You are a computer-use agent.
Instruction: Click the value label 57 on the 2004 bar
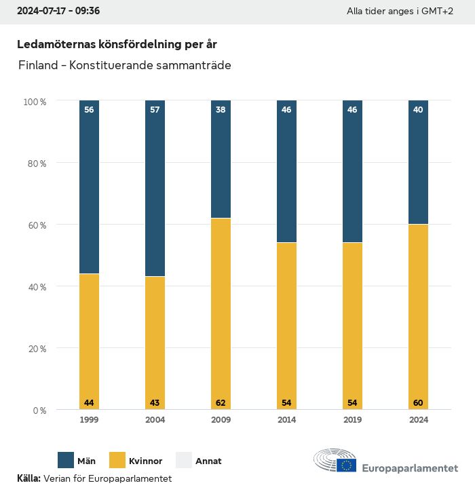155,109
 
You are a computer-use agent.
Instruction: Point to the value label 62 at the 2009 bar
221,403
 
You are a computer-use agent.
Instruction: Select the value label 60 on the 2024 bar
418,403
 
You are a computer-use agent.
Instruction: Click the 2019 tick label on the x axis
352,420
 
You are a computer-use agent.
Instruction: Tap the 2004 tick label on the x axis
155,420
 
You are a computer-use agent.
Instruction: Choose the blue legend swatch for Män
66,460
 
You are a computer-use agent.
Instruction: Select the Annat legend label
208,461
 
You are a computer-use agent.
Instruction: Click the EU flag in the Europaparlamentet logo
347,465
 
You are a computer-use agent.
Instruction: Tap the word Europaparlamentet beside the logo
410,468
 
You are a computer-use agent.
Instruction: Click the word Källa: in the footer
28,479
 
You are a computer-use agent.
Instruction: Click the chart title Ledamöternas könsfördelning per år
117,44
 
